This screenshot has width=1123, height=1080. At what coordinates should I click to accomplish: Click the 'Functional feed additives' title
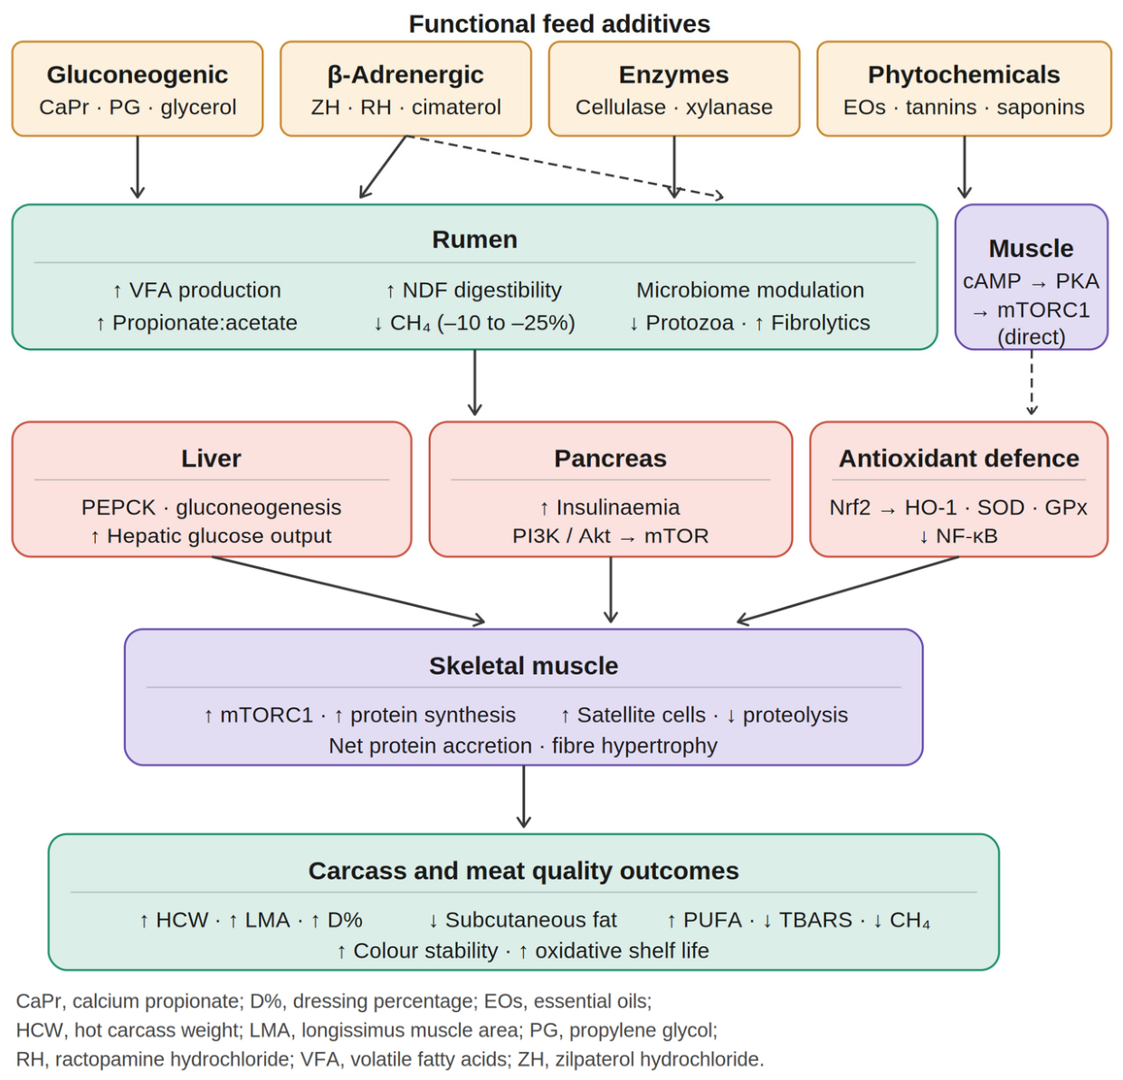pyautogui.click(x=559, y=24)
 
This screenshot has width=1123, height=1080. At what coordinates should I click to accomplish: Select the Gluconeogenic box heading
pyautogui.click(x=138, y=74)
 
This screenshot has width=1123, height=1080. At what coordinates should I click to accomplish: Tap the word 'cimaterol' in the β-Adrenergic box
pyautogui.click(x=456, y=108)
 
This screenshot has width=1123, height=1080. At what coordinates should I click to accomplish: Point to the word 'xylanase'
pyautogui.click(x=728, y=108)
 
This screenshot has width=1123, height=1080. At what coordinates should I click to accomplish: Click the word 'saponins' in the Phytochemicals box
pyautogui.click(x=1041, y=108)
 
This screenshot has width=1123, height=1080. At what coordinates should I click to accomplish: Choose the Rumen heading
pyautogui.click(x=474, y=240)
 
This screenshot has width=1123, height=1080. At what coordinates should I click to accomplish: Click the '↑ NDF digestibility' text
pyautogui.click(x=473, y=290)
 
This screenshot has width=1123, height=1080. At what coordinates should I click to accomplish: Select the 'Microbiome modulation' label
pyautogui.click(x=749, y=290)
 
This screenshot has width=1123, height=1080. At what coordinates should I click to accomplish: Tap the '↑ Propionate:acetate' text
pyautogui.click(x=196, y=323)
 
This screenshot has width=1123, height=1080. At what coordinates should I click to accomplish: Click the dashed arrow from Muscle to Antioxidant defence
pyautogui.click(x=1032, y=382)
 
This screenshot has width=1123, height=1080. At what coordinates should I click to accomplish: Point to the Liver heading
pyautogui.click(x=211, y=459)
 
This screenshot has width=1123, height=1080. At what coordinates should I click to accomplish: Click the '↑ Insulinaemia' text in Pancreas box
pyautogui.click(x=610, y=507)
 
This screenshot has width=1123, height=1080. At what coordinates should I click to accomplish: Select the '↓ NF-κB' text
pyautogui.click(x=958, y=536)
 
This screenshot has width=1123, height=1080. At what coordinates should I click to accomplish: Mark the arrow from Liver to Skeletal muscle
pyautogui.click(x=348, y=590)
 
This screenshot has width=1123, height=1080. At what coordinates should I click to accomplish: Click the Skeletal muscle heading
pyautogui.click(x=523, y=666)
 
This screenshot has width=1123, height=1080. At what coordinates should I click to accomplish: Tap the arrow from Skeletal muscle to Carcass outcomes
pyautogui.click(x=523, y=797)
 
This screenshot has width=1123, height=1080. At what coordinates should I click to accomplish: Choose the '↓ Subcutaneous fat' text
pyautogui.click(x=522, y=920)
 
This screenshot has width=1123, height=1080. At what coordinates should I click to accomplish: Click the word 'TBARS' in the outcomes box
pyautogui.click(x=815, y=920)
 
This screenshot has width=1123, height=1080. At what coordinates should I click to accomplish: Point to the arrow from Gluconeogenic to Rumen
pyautogui.click(x=138, y=167)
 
